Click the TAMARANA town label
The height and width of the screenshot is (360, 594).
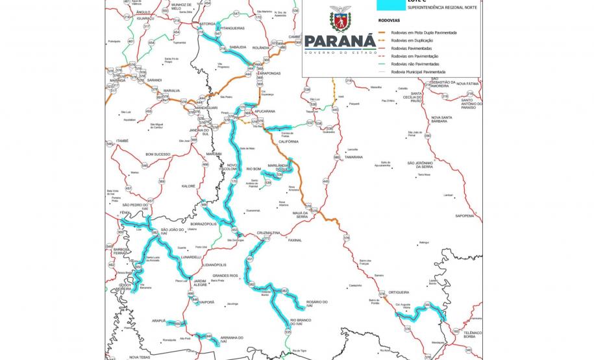353,157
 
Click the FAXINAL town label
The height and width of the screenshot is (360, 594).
295,239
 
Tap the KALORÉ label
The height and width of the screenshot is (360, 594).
189,186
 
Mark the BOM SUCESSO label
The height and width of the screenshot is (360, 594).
158,154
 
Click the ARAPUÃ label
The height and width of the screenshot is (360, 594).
160,320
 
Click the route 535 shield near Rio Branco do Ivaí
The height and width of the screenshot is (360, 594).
287,333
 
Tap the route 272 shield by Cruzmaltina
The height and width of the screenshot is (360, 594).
266,239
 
